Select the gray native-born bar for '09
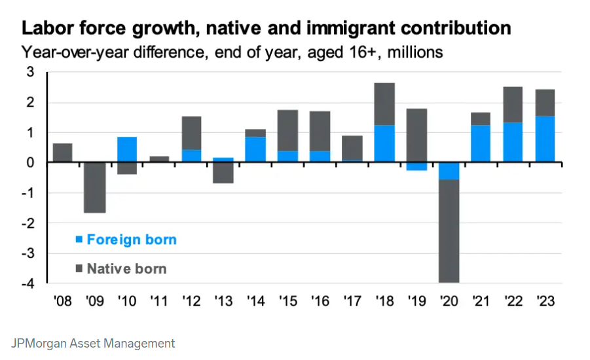95,187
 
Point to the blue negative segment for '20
449,170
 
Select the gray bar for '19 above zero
416,135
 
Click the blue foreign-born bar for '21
481,143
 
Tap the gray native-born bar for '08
63,153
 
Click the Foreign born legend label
131,240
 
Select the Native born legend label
126,268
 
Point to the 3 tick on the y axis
30,72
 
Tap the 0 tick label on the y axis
30,162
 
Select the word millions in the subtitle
415,52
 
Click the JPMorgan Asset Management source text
94,343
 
